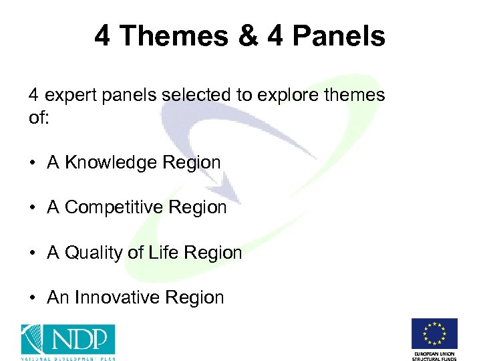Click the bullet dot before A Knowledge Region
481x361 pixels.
32,163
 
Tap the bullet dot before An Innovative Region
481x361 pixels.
32,298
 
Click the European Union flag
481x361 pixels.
434,334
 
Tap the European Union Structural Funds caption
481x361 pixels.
434,354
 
